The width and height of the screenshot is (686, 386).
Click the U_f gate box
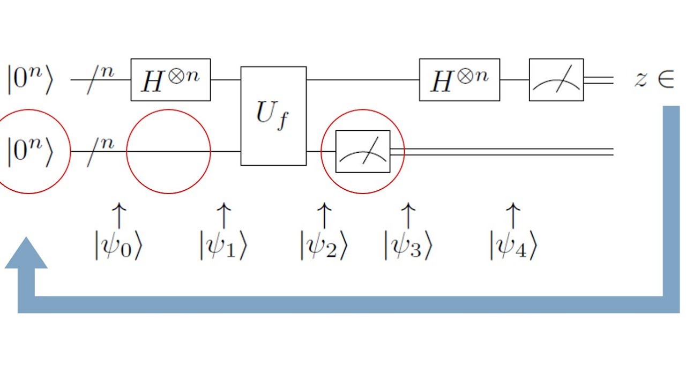273,116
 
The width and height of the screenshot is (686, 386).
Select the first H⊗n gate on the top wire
170,80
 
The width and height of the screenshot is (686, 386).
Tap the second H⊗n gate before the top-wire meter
459,80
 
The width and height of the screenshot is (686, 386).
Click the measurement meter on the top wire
556,80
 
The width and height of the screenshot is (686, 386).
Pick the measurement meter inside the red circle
363,152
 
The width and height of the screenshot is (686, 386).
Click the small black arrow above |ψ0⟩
118,216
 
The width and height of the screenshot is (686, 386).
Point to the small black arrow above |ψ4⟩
513,216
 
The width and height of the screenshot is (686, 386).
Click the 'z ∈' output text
653,80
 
